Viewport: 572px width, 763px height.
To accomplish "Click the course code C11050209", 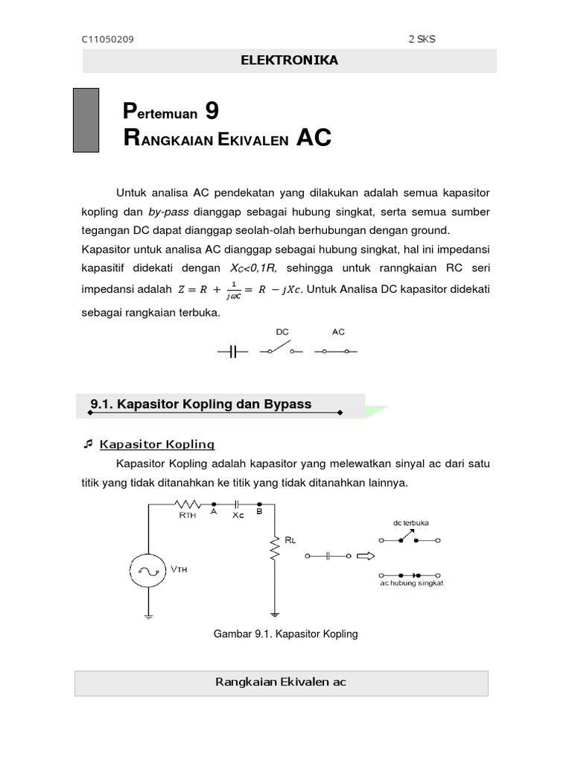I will pos(108,39).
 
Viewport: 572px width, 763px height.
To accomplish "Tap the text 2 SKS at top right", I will pos(422,39).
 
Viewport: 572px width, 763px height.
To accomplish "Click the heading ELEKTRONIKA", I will pos(289,60).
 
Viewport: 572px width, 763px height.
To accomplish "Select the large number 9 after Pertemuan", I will pos(212,111).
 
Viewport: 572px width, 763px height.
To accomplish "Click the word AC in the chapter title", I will pos(313,138).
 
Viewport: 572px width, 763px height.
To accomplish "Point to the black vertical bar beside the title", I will pos(86,120).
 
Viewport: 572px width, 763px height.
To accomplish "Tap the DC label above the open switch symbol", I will pos(282,332).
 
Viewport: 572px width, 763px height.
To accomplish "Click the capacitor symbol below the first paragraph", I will pos(232,351).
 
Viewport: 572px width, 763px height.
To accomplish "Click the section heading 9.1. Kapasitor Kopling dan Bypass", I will pos(201,404).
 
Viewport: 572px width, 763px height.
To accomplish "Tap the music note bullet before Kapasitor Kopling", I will pos(88,444).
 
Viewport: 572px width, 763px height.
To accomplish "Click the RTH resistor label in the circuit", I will pos(188,516).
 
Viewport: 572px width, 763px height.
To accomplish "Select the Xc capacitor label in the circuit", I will pos(238,515).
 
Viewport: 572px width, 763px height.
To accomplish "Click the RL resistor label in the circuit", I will pos(290,539).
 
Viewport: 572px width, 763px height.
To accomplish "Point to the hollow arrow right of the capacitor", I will pos(366,555).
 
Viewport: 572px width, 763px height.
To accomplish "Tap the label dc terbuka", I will pos(410,522).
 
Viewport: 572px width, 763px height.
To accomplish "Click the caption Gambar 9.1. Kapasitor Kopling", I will pos(286,634).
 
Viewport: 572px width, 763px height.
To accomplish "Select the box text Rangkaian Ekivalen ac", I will pos(281,682).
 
